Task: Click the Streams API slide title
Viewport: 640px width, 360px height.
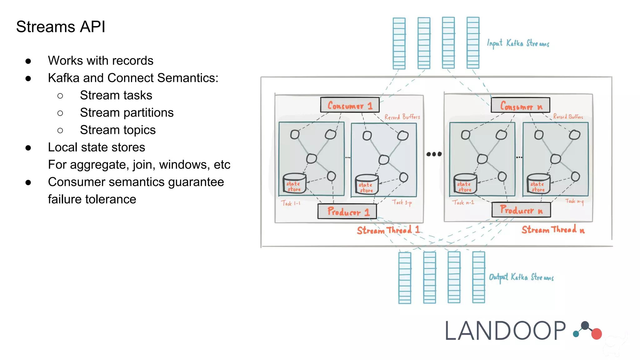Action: point(61,27)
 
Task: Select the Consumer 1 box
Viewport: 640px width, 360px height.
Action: point(350,105)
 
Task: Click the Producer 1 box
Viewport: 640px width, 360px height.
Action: point(347,212)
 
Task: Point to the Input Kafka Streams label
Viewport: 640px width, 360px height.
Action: point(518,43)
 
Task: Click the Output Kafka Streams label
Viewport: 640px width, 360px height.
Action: point(521,277)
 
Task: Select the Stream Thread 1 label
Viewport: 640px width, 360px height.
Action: point(388,230)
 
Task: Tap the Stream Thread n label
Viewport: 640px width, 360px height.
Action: point(553,230)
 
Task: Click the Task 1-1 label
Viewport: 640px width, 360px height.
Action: point(291,203)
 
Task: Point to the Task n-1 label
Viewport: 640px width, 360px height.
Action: point(463,202)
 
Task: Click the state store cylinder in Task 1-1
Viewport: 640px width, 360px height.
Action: point(294,184)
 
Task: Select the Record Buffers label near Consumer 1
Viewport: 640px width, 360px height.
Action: point(402,117)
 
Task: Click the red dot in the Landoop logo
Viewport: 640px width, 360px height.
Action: point(596,334)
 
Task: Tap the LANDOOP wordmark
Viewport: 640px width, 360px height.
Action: point(505,331)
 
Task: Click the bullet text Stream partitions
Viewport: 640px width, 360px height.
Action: point(127,112)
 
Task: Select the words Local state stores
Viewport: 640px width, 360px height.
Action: point(96,147)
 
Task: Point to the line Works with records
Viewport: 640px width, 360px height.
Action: point(100,61)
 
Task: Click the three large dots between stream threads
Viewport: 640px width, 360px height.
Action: point(434,154)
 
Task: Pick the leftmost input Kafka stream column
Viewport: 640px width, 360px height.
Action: point(399,43)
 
